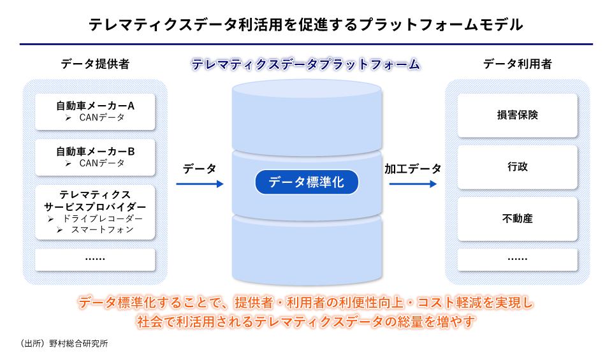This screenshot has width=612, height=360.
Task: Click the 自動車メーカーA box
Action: [x=95, y=112]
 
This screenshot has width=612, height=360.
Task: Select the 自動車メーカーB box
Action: [x=95, y=157]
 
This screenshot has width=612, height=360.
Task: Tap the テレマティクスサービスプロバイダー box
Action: [x=95, y=212]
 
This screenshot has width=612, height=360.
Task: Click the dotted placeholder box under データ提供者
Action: [x=95, y=259]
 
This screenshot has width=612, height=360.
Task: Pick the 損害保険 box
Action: [x=517, y=115]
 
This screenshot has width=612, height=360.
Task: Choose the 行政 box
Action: [x=517, y=167]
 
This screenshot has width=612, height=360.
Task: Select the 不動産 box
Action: [x=517, y=219]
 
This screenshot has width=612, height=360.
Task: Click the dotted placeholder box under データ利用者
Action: [x=517, y=259]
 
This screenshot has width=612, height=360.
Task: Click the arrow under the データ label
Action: [x=200, y=184]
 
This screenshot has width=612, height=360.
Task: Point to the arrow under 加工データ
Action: [x=413, y=184]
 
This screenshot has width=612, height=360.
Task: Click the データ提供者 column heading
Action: [x=95, y=64]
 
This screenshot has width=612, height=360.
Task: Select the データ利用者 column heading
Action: [x=517, y=64]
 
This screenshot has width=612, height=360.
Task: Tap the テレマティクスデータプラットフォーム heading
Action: [x=306, y=64]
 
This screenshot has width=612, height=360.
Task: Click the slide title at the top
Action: [x=306, y=25]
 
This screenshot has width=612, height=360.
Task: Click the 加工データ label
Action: [x=413, y=169]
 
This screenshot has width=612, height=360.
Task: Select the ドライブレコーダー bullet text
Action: [x=103, y=219]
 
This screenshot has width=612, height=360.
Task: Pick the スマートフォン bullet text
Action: [x=102, y=229]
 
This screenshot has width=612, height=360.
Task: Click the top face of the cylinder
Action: [x=307, y=88]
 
